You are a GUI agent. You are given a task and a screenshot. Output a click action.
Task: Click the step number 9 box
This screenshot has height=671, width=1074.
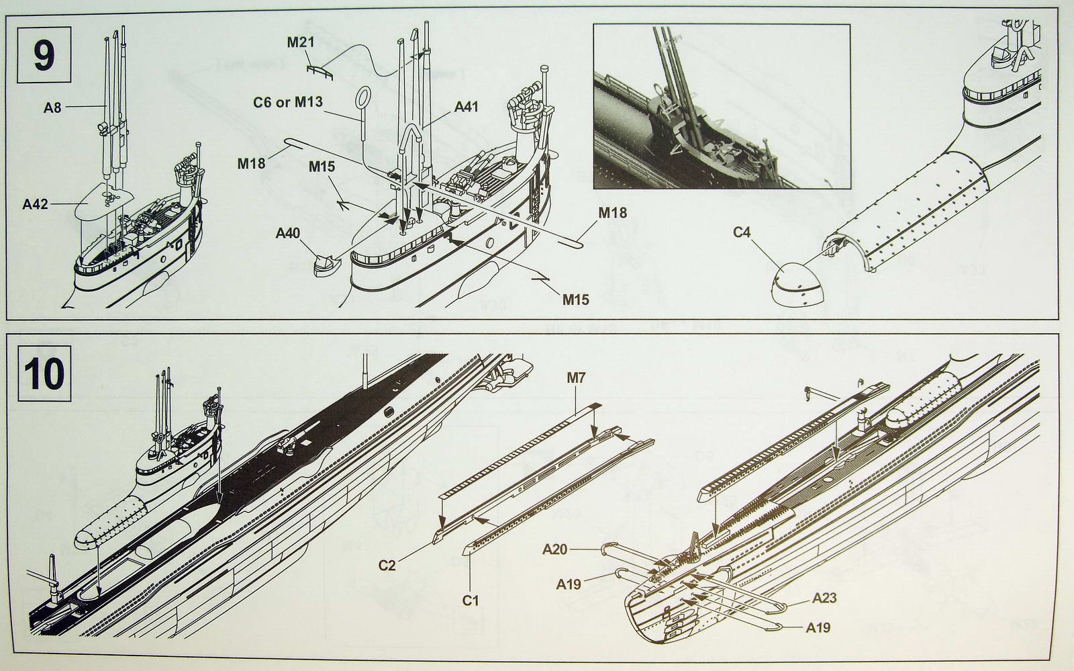[x=44, y=56]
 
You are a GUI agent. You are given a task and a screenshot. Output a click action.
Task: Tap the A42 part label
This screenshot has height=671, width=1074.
[x=36, y=203]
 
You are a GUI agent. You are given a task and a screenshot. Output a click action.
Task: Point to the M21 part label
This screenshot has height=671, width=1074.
[x=301, y=42]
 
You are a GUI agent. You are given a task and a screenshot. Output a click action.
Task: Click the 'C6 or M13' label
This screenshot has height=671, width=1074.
[x=288, y=102]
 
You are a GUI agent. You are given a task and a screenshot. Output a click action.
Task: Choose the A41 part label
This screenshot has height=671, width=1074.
[x=467, y=106]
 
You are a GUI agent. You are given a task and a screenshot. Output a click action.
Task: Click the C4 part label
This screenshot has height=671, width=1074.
[x=742, y=232]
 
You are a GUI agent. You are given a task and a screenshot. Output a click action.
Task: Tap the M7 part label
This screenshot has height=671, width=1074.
[x=576, y=377]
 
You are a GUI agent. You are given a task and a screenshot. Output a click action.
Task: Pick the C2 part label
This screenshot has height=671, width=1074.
[x=387, y=564]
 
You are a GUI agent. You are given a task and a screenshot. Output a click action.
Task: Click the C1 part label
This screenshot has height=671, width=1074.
[x=471, y=600]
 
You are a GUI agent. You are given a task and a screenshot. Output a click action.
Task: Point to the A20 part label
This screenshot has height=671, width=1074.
[x=555, y=550]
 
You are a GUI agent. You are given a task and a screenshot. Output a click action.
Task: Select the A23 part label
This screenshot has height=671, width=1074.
[x=824, y=597]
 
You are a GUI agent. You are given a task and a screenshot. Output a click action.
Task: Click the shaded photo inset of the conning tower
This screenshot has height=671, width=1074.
[x=721, y=107]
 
